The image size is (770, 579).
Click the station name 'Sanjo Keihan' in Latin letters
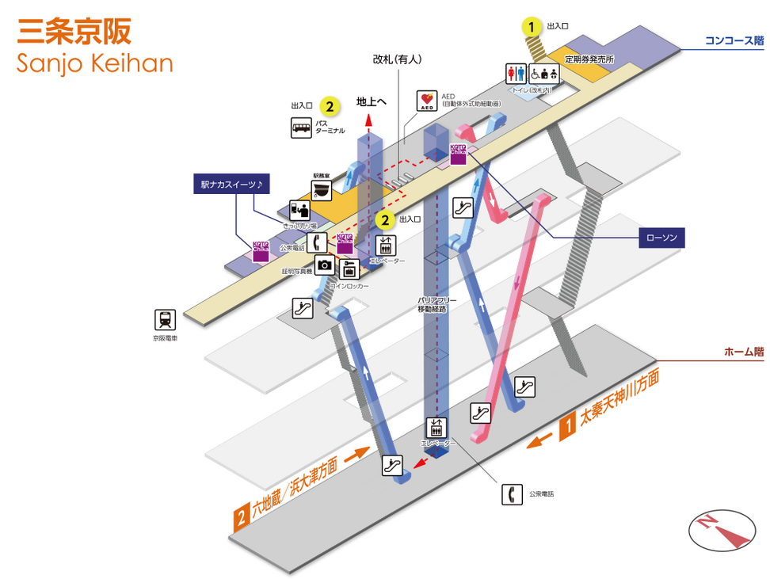(94, 62)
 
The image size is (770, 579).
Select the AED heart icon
(427, 101)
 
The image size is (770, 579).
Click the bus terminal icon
(301, 127)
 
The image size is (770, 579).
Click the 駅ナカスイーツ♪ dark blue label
(232, 184)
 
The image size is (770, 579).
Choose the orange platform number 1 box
(567, 429)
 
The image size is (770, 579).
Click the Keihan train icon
(166, 320)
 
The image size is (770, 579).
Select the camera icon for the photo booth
(324, 265)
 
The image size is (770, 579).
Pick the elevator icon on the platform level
(436, 428)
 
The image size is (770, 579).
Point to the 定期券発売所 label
(589, 59)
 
